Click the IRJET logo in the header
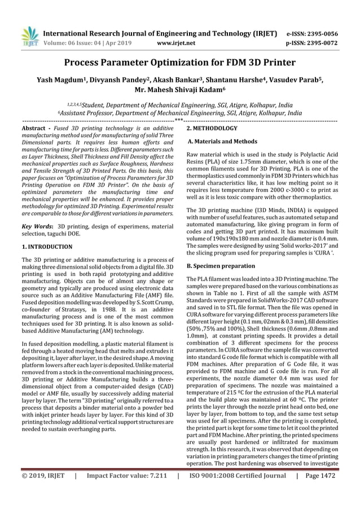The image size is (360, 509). pos(29,36)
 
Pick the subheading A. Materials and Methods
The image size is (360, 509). pos(222,142)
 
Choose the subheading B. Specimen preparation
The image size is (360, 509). pos(221,265)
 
